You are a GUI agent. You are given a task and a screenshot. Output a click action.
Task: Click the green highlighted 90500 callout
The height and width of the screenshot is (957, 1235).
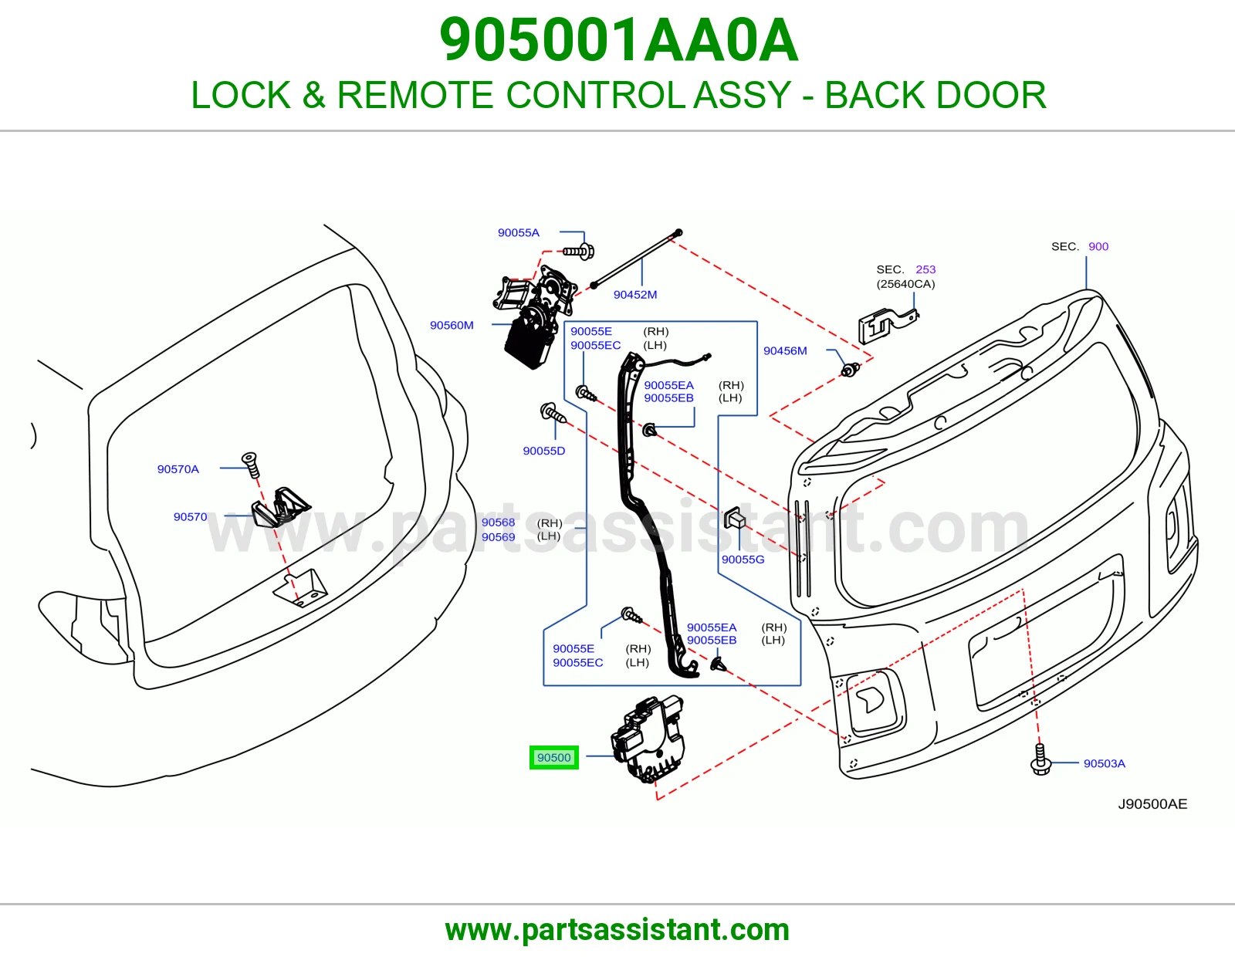click(553, 757)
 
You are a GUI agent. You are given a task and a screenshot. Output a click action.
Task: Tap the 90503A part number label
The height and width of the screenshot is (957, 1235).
click(1104, 763)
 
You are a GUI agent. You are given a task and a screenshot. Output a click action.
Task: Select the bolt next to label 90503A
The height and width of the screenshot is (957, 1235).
click(1040, 759)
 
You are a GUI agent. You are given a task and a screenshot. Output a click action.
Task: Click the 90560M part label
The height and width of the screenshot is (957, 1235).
click(452, 325)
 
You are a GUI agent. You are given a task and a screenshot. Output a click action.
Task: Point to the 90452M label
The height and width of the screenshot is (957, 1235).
click(634, 294)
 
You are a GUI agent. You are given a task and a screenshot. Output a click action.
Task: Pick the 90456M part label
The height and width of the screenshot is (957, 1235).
click(785, 350)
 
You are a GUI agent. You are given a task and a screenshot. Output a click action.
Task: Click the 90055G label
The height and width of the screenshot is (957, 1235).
click(743, 560)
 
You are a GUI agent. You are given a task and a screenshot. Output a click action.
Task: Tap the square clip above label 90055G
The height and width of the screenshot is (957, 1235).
click(734, 518)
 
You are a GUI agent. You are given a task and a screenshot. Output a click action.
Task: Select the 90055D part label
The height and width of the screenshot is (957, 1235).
click(544, 451)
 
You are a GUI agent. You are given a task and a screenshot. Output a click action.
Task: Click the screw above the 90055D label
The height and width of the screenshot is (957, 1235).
click(553, 413)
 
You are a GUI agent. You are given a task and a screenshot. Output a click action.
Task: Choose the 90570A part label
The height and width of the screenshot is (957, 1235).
click(178, 468)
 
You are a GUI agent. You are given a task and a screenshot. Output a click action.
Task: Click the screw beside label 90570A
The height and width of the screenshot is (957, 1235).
click(251, 465)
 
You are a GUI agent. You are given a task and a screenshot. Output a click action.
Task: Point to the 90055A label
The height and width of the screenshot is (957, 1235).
click(519, 232)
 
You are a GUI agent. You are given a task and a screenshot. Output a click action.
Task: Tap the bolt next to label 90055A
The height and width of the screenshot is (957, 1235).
click(579, 251)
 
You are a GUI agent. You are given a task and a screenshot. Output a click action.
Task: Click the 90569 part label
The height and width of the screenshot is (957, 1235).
click(498, 537)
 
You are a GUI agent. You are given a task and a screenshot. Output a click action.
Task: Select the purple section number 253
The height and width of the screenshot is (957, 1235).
click(925, 269)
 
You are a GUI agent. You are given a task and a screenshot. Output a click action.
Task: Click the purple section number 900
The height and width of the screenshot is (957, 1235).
click(1098, 246)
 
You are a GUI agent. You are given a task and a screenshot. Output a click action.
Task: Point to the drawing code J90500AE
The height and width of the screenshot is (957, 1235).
click(1152, 803)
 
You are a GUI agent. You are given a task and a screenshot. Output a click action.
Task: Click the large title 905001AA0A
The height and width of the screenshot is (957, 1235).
click(618, 40)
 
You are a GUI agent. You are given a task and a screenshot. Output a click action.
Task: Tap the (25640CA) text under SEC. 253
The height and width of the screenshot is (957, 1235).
click(905, 283)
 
